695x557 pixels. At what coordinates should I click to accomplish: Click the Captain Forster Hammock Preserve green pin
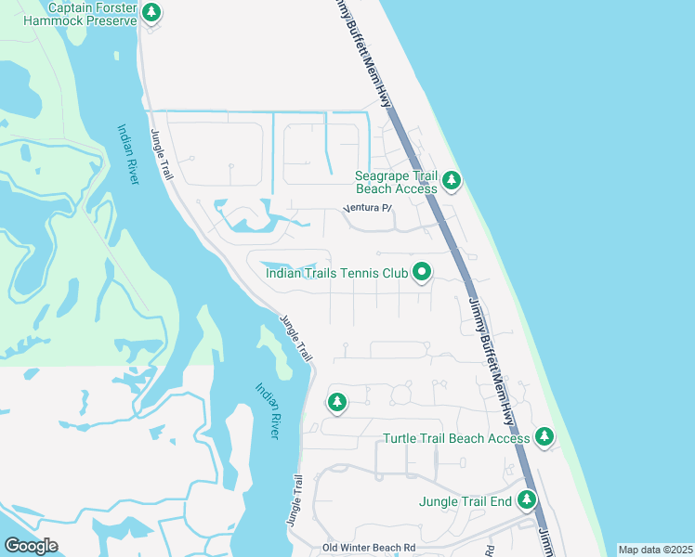[152, 13]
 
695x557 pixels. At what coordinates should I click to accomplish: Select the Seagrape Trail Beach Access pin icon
[452, 180]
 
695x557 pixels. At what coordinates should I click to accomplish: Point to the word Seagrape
[386, 175]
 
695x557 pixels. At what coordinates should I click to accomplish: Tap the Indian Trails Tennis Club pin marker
[422, 272]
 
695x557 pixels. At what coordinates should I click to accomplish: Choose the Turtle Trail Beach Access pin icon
[544, 436]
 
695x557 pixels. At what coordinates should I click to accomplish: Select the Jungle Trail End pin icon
[527, 500]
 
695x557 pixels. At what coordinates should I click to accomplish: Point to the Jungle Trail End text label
[466, 501]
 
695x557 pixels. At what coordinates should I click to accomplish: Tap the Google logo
[31, 546]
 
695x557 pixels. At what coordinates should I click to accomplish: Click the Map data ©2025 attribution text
[655, 551]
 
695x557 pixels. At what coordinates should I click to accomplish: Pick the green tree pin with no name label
[336, 403]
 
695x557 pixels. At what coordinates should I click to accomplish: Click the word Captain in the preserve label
[73, 7]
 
